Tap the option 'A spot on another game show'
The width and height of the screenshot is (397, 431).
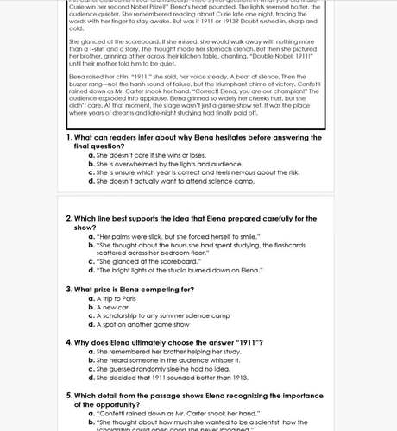[143, 325]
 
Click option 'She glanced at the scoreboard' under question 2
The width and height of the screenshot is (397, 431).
[147, 260]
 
